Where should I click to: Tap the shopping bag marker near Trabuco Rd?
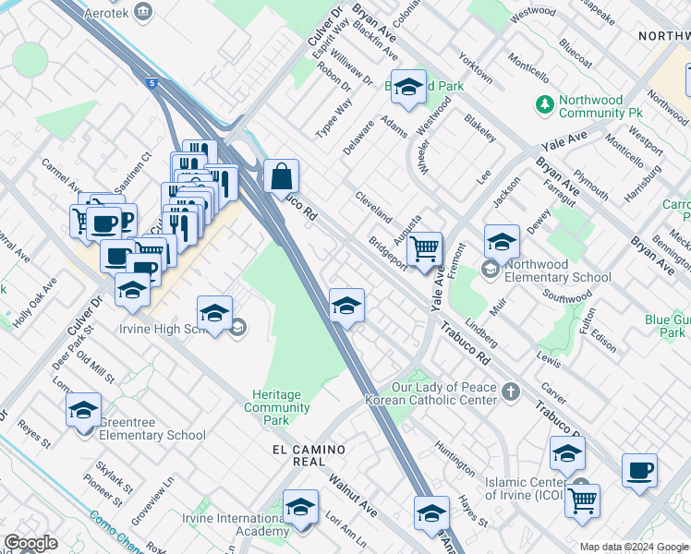(x=281, y=175)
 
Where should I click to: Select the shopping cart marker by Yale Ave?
(x=424, y=248)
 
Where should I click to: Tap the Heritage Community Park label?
(x=276, y=407)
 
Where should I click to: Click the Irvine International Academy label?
(x=235, y=524)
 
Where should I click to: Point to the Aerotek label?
(x=103, y=10)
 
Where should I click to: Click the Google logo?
(x=30, y=543)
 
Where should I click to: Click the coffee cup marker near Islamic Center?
(x=639, y=471)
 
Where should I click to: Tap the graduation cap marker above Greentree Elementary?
(x=84, y=410)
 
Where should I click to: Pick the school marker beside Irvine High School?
(x=214, y=314)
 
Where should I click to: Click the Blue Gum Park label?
(x=668, y=327)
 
